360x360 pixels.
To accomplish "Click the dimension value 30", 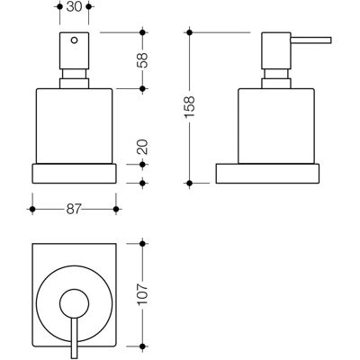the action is click(x=74, y=6).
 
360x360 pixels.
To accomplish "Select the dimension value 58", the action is click(x=143, y=60).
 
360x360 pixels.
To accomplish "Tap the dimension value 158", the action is click(x=190, y=107).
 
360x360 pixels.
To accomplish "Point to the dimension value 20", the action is click(x=143, y=147).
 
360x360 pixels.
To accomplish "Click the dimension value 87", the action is click(x=74, y=209).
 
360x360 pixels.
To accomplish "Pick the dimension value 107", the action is click(x=143, y=294).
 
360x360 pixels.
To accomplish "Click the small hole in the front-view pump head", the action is click(x=74, y=40).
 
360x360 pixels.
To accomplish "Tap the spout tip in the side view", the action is click(x=330, y=40).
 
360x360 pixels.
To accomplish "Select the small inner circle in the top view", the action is click(x=75, y=304).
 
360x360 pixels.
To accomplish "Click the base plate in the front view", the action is click(x=74, y=174).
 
